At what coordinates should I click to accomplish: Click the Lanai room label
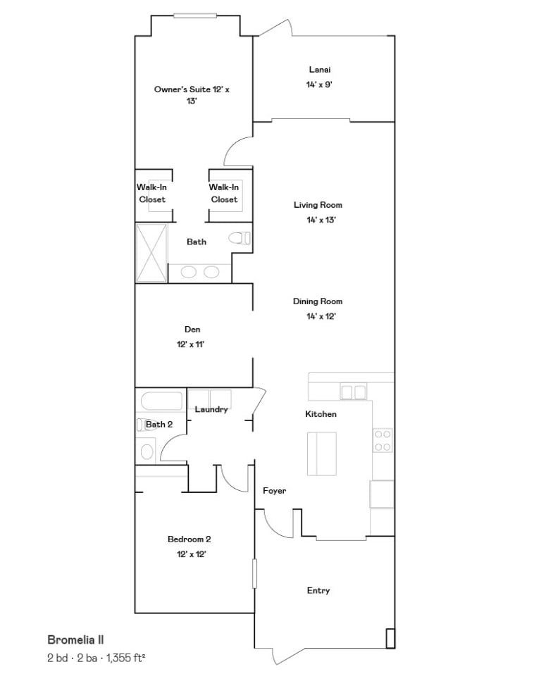point(320,70)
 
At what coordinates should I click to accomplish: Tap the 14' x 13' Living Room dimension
point(321,220)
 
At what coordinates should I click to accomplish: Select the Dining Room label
point(318,301)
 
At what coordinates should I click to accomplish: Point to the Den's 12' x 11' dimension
point(190,344)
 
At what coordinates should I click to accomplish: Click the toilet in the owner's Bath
point(240,238)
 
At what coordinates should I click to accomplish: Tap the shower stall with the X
point(151,253)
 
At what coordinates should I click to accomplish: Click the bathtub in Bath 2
point(162,401)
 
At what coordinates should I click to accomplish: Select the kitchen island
point(322,454)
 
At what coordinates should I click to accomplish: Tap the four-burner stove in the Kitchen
point(383,440)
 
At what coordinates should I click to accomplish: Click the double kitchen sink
point(354,392)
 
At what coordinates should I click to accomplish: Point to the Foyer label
point(274,491)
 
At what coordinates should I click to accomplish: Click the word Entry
point(318,591)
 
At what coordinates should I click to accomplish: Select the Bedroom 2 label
point(189,539)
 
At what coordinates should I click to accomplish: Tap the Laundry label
point(211,409)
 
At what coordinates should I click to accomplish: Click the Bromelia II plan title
point(75,639)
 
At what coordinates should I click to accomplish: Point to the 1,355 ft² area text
point(125,658)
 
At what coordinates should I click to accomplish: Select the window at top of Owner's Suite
point(195,15)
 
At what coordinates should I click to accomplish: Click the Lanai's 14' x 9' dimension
point(319,85)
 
